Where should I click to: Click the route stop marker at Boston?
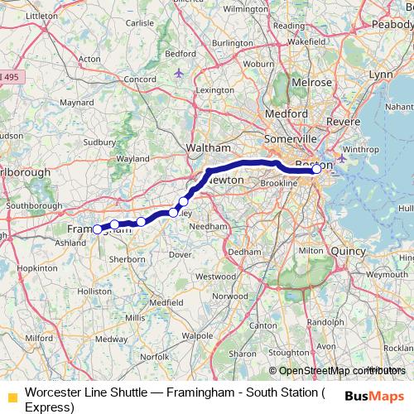(x=316, y=169)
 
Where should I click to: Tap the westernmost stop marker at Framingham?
(x=97, y=229)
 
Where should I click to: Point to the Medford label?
(x=286, y=114)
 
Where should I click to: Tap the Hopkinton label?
(x=36, y=269)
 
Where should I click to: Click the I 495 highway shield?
(x=12, y=77)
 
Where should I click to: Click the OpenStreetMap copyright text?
(x=337, y=370)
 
